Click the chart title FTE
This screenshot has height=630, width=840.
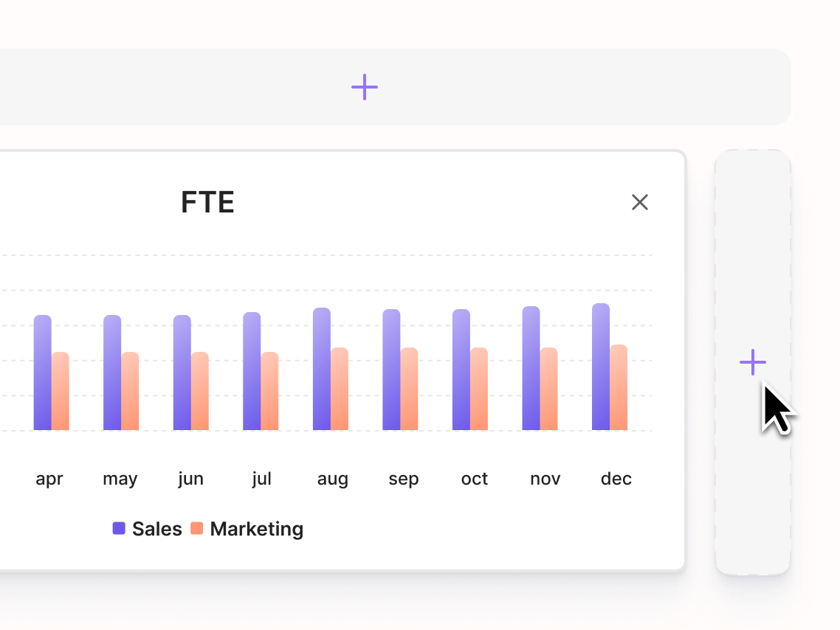click(x=207, y=202)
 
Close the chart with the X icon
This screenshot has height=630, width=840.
click(x=640, y=202)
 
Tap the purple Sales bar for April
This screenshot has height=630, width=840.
click(x=43, y=373)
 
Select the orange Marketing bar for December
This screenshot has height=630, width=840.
click(x=619, y=387)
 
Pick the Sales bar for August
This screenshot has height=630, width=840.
click(x=322, y=369)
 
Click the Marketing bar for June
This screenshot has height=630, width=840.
click(x=200, y=391)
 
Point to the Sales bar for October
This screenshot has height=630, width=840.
click(x=461, y=370)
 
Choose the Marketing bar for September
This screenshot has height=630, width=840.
click(x=409, y=389)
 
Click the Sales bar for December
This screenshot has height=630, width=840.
click(x=601, y=367)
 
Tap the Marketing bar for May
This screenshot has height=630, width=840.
click(x=130, y=391)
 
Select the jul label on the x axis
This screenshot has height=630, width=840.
click(x=261, y=479)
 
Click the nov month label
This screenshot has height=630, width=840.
click(x=545, y=479)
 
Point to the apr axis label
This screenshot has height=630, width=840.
click(x=49, y=480)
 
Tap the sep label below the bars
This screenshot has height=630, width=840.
click(x=404, y=480)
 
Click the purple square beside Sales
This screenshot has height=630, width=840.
click(x=119, y=528)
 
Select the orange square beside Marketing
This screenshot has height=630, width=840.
click(x=196, y=528)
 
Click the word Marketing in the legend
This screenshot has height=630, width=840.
click(x=256, y=529)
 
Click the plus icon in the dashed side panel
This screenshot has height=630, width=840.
click(x=752, y=362)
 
